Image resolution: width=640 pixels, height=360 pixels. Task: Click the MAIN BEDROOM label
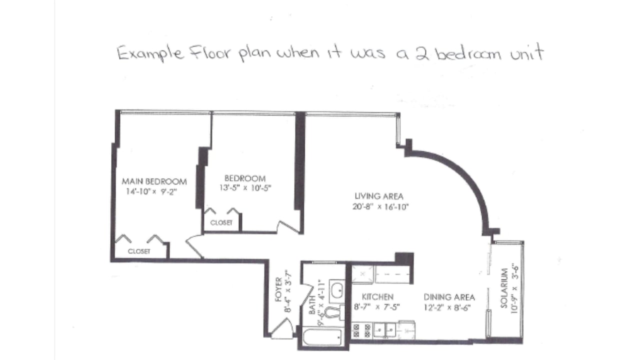tap(154, 181)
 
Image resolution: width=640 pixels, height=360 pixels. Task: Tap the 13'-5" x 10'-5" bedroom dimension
tap(245, 188)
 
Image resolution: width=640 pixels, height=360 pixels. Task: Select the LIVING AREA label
tap(379, 196)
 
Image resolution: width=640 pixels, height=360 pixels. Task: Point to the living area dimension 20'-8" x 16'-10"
tap(380, 206)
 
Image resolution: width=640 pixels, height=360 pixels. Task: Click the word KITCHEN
tap(377, 297)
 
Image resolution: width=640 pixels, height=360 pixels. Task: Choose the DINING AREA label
tap(449, 297)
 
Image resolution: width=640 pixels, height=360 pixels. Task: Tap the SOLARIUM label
tap(504, 288)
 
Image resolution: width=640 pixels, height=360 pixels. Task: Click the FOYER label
tap(279, 289)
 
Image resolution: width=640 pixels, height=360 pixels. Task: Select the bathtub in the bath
tap(322, 337)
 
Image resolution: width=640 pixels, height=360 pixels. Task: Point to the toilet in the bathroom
tap(333, 313)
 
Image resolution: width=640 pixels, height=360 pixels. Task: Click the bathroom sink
tap(337, 291)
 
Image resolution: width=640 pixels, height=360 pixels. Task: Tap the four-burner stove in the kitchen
tap(361, 331)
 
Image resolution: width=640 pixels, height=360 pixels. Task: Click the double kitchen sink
tap(385, 330)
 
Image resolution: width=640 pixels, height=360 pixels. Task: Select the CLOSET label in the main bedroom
tap(139, 251)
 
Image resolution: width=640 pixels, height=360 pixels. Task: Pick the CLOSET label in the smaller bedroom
tap(221, 222)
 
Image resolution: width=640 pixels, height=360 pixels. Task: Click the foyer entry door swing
tap(282, 328)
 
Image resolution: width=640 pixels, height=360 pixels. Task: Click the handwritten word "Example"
tap(150, 53)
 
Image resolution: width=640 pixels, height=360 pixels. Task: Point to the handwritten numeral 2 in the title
tap(422, 54)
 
